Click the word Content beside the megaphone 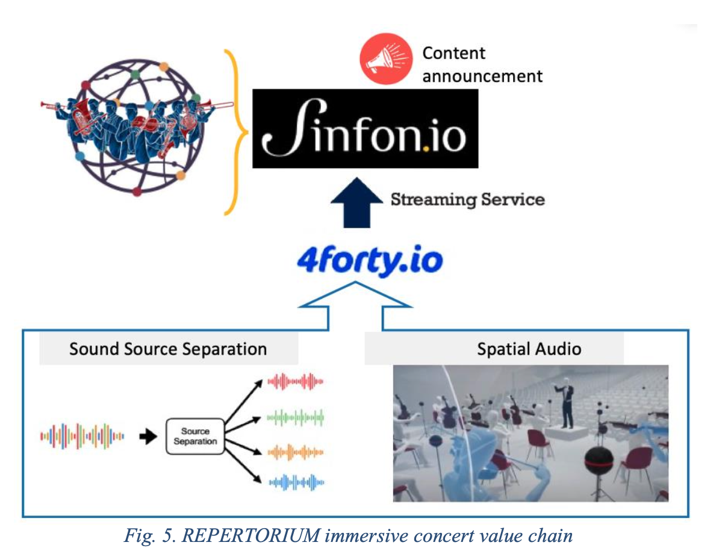(453, 53)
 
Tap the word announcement (482, 76)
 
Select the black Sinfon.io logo (366, 129)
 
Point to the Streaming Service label (467, 199)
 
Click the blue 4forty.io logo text (370, 261)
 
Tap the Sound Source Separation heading (168, 349)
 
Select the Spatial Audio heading (529, 349)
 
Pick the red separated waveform (296, 381)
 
